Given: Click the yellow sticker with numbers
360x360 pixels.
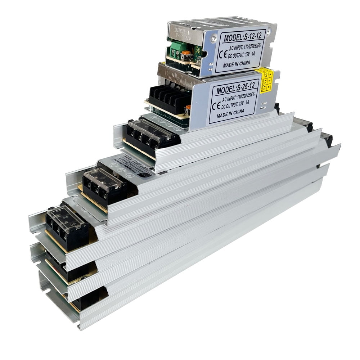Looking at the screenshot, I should pos(266,80).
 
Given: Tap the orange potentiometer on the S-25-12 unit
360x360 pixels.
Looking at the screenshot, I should pos(188,109).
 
